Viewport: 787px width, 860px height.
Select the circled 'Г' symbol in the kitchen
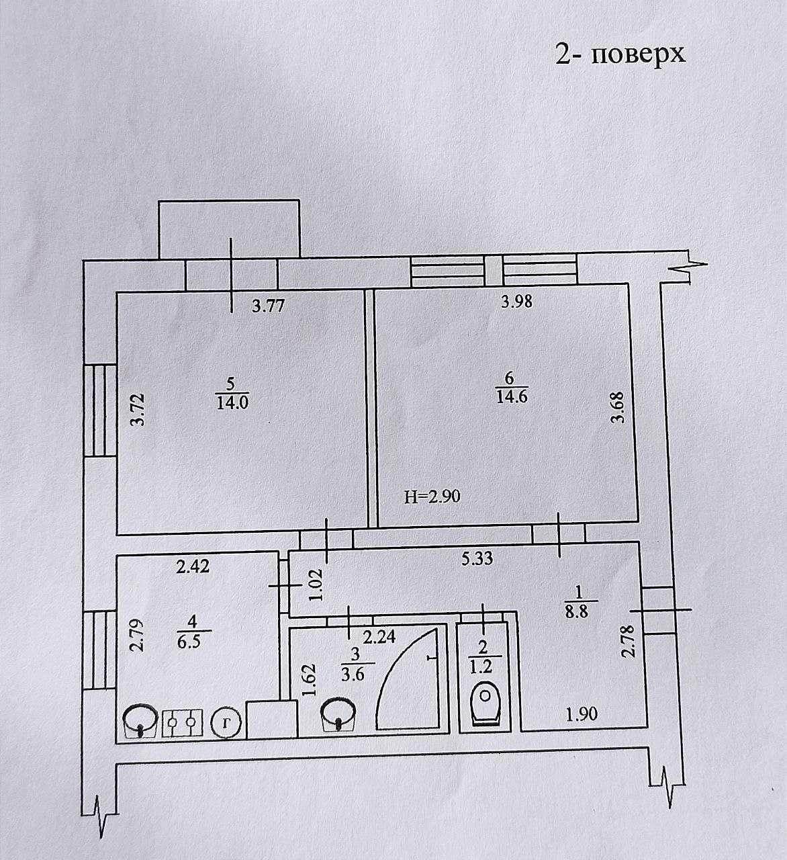[x=226, y=723]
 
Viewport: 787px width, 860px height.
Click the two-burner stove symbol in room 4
[x=182, y=723]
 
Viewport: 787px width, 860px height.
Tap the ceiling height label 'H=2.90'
[x=432, y=497]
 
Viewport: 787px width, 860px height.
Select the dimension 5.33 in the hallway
[x=477, y=558]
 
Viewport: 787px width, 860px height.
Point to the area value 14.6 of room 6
[x=512, y=396]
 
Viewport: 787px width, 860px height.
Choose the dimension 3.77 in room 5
[x=269, y=306]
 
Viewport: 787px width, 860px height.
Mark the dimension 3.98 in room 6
[x=517, y=302]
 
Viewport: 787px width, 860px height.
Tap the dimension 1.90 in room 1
[x=582, y=714]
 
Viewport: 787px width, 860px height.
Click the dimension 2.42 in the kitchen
[x=193, y=567]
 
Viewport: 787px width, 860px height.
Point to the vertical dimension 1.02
[x=316, y=585]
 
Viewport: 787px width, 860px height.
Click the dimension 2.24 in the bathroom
[x=379, y=638]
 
